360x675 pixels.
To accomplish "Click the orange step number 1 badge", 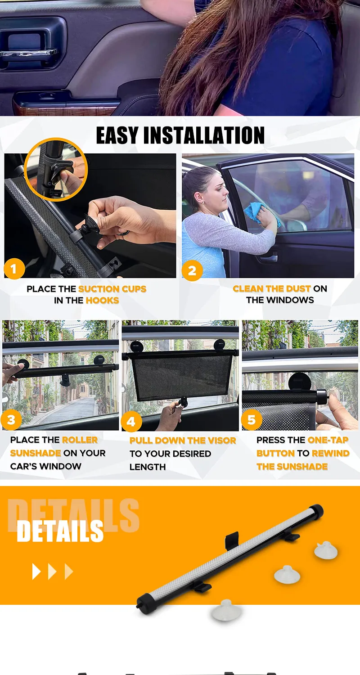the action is (14, 268).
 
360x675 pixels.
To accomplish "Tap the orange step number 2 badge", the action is (192, 270).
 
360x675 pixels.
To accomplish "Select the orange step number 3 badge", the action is (11, 419).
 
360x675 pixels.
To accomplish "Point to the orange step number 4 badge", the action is (131, 421).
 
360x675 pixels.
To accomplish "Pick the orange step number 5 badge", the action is (252, 419).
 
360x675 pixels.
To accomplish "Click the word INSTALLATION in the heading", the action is (204, 135).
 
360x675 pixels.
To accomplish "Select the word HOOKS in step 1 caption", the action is (103, 301).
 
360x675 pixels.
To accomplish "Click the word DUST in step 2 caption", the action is (298, 289).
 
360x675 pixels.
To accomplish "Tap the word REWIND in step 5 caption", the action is (330, 453).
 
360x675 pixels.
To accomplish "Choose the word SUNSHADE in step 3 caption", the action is (36, 453).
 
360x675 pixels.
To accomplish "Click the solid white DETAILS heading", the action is (60, 531).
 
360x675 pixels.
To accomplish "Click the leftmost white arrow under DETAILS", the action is (36, 571).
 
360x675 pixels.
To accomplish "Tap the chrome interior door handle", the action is (29, 53).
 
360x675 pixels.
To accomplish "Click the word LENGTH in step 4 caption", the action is (148, 467).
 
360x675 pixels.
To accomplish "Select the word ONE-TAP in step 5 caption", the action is (328, 440).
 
